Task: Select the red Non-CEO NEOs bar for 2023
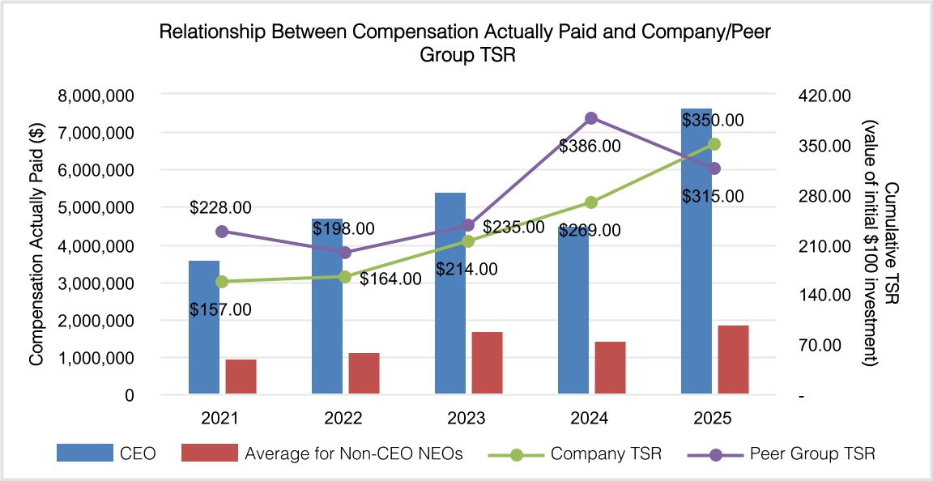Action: pos(487,364)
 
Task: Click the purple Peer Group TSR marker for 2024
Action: pos(591,118)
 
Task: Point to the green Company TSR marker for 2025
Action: pos(714,144)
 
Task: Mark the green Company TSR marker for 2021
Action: pos(222,282)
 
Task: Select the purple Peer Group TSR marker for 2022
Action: pos(345,253)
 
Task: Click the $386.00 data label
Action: pos(590,147)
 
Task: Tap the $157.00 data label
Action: pos(220,309)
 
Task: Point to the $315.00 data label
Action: pos(713,196)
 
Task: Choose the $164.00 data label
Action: pos(390,279)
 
